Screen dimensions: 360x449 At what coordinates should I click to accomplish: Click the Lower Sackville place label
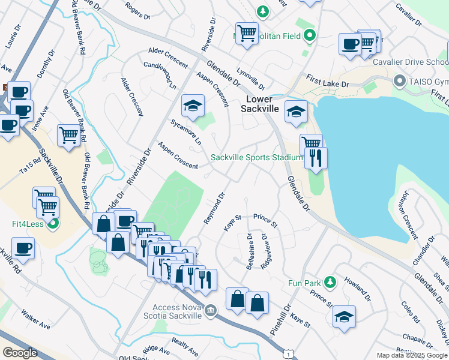265,103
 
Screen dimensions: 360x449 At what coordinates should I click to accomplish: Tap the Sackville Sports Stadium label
256,158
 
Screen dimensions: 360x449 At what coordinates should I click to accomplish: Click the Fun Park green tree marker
329,281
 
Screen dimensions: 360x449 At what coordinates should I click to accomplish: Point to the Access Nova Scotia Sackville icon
211,310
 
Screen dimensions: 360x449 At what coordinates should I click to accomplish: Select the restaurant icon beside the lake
315,158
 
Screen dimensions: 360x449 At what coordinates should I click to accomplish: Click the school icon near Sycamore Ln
193,106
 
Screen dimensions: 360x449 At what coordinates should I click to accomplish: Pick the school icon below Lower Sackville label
295,112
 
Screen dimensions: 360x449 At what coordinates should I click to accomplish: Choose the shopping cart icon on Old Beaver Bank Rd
69,136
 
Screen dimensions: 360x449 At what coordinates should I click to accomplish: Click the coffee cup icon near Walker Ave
23,248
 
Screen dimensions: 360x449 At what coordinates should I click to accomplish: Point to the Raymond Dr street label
215,208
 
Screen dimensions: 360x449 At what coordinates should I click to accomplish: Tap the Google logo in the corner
20,353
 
